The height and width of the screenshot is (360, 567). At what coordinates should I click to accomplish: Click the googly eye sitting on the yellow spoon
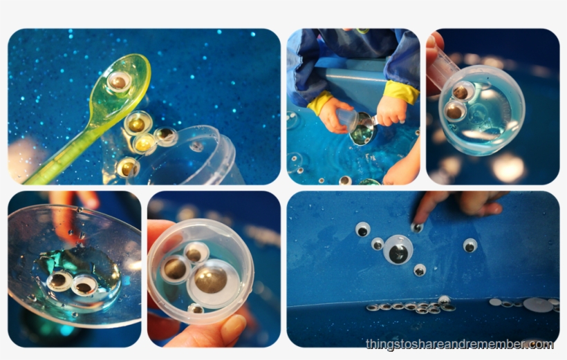tap(119, 82)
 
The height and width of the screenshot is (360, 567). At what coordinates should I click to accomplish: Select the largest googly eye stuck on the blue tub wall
tap(398, 249)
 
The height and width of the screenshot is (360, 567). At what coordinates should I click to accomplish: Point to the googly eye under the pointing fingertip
tap(416, 227)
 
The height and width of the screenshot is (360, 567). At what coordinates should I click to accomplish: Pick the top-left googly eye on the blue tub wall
tap(362, 229)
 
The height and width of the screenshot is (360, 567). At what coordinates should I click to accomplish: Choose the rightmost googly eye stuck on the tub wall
tap(470, 245)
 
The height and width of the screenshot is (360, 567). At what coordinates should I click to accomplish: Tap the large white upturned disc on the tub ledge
tap(538, 304)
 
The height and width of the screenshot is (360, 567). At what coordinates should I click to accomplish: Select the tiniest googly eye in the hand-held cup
tap(196, 309)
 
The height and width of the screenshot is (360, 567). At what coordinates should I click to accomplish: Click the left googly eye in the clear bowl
tap(59, 280)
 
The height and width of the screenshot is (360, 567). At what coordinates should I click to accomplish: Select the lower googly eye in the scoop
tap(455, 110)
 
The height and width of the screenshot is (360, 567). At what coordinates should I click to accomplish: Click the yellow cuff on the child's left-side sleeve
tap(320, 104)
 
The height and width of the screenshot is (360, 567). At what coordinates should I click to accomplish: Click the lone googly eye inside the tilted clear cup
tap(198, 146)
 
